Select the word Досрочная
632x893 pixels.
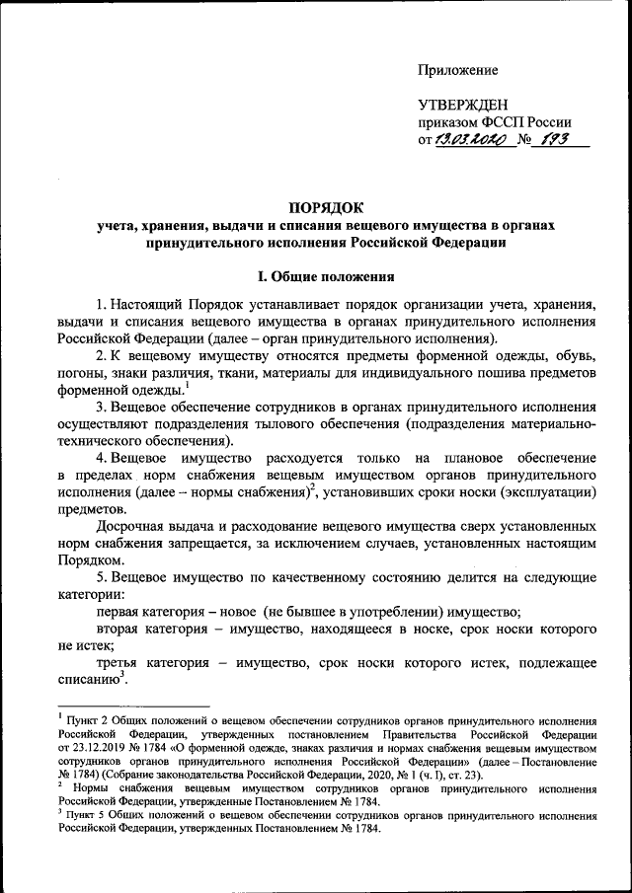[133, 528]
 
